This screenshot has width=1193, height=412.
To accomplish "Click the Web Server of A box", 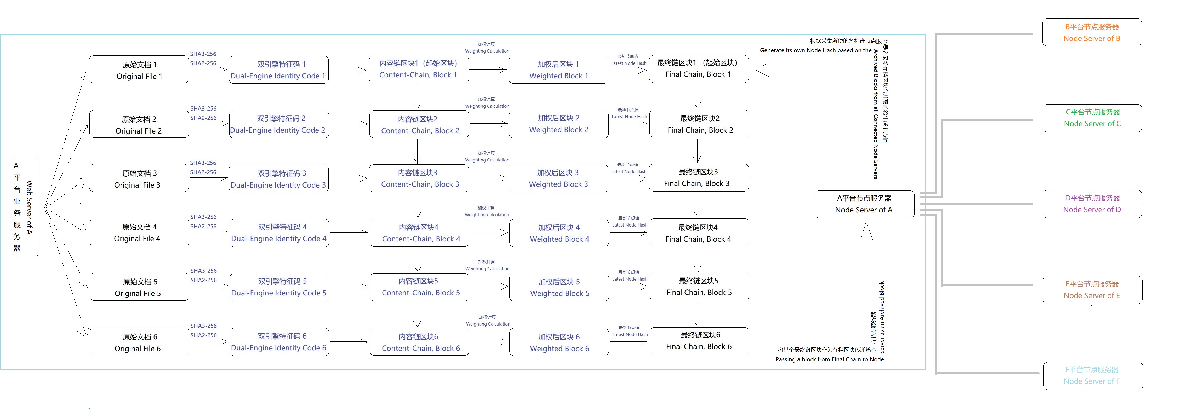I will pyautogui.click(x=25, y=206).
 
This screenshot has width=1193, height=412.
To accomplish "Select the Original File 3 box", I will pyautogui.click(x=139, y=178).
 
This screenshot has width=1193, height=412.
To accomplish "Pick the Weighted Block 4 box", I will pyautogui.click(x=558, y=233).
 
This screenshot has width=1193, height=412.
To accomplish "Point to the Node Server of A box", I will pyautogui.click(x=864, y=204).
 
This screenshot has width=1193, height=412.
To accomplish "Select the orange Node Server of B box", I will pyautogui.click(x=1092, y=32).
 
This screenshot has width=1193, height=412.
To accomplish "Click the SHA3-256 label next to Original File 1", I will pyautogui.click(x=203, y=54).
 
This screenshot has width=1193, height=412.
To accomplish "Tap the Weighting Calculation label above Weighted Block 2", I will pyautogui.click(x=487, y=106).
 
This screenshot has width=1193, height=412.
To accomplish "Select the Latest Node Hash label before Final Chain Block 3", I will pyautogui.click(x=629, y=171).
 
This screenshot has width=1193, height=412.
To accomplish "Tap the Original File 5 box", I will pyautogui.click(x=139, y=287).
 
